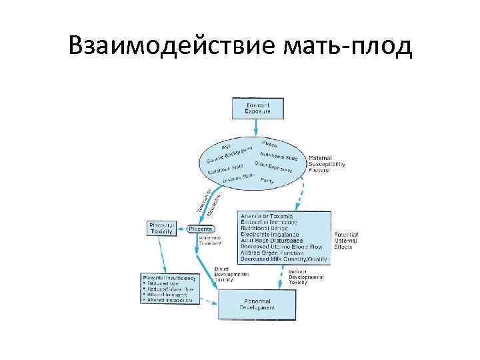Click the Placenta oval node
click(201, 229)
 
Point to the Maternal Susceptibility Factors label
click(327, 164)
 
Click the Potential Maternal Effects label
click(347, 241)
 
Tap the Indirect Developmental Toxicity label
click(306, 277)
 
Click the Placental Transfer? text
click(212, 241)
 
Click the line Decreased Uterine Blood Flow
click(283, 246)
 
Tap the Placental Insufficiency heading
click(170, 277)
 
